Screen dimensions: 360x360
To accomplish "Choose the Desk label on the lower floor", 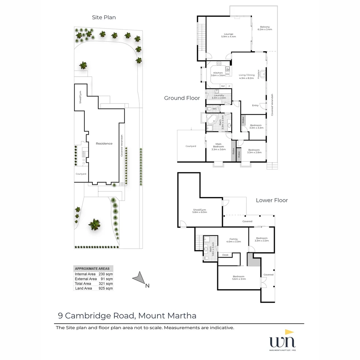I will (225, 255).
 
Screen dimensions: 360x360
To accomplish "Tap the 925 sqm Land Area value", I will (106, 288).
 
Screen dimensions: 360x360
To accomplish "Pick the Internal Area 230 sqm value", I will (106, 274).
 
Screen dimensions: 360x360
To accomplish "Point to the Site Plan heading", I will (104, 17).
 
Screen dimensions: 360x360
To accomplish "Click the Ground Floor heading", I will (182, 98).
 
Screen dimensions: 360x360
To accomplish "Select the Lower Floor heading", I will (272, 200).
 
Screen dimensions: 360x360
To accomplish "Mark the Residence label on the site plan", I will (104, 144).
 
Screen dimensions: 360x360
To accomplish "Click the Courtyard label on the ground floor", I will (191, 146).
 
